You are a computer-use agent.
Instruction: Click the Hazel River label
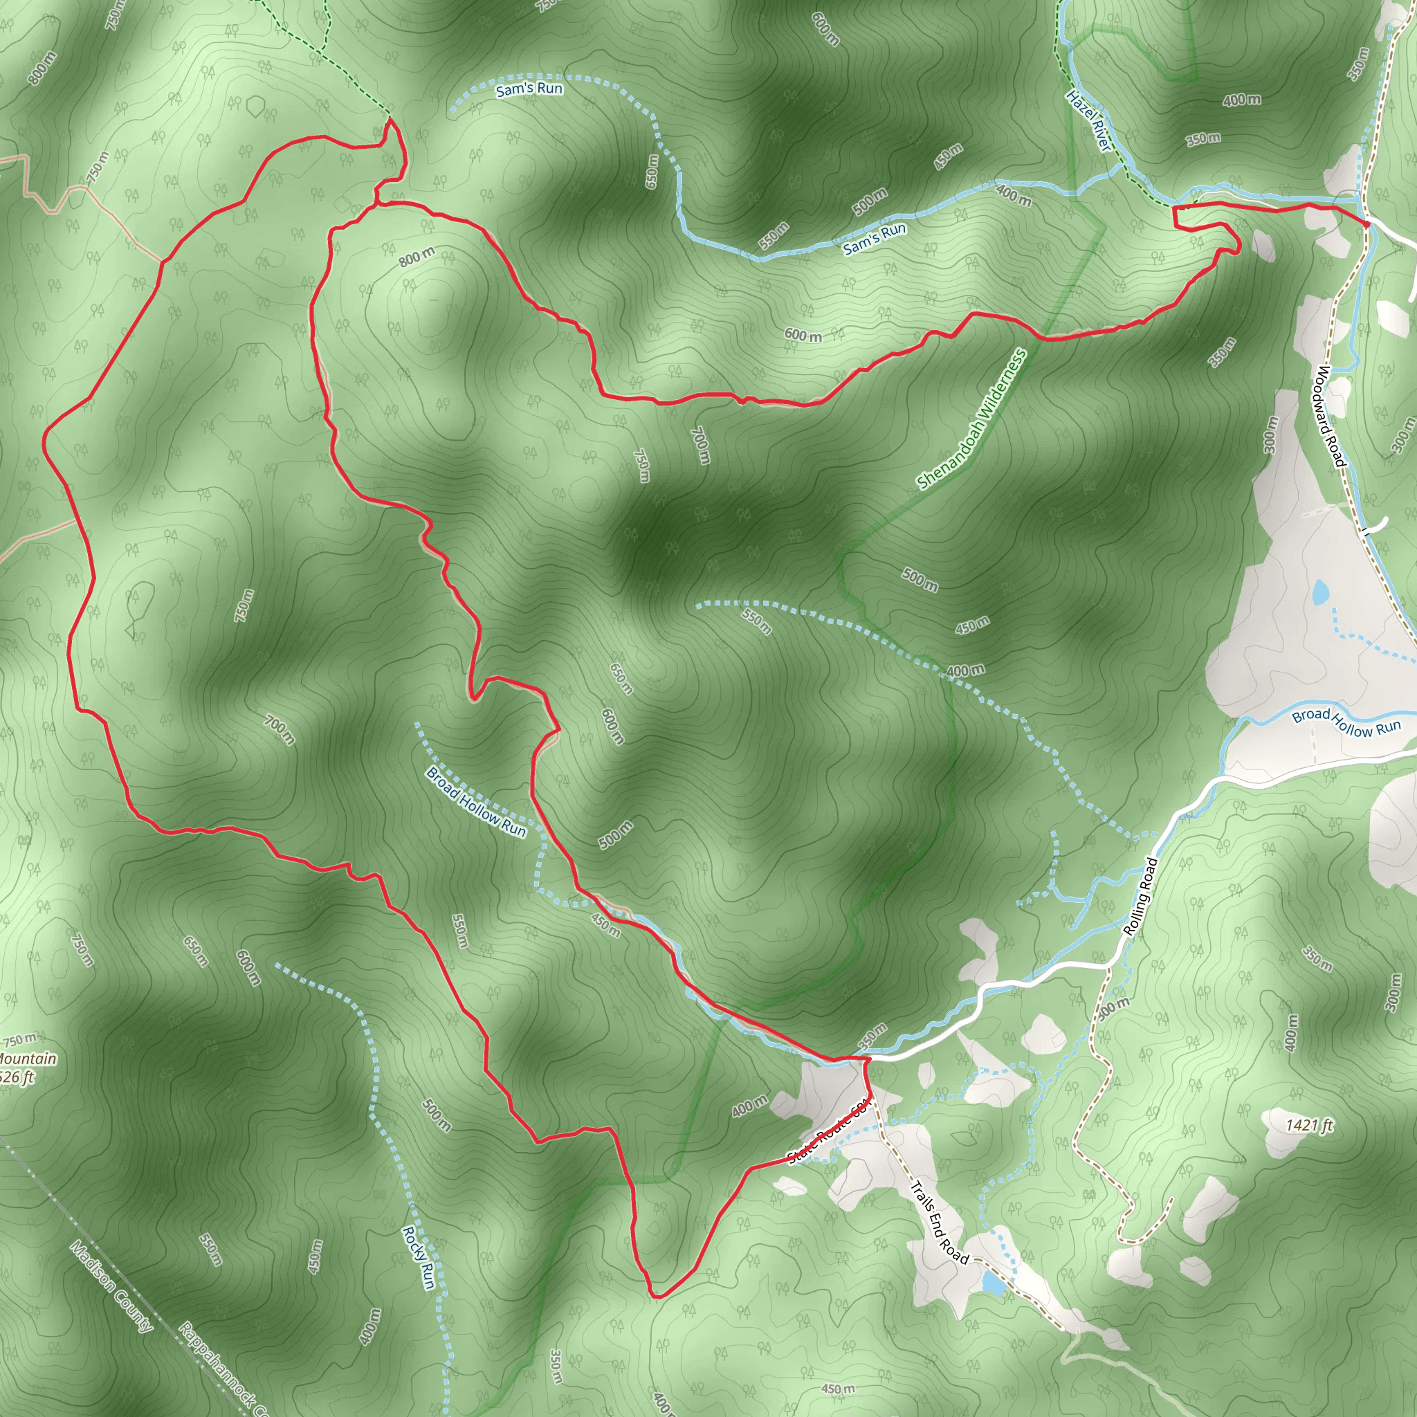(x=1088, y=121)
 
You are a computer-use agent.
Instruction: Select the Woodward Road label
(x=1328, y=416)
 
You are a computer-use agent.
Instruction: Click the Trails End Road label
(x=939, y=1223)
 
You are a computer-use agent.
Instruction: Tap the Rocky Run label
(x=419, y=1257)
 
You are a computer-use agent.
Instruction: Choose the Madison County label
(x=112, y=1286)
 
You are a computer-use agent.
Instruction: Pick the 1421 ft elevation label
(x=1310, y=1124)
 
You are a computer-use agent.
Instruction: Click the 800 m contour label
(x=417, y=257)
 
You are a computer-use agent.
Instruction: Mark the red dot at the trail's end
(x=1367, y=223)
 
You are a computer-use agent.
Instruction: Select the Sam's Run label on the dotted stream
(x=529, y=89)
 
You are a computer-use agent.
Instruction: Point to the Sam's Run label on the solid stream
(x=875, y=239)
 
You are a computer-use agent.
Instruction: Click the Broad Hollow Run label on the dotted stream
(x=476, y=801)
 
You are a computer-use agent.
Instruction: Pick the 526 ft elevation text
(x=17, y=1077)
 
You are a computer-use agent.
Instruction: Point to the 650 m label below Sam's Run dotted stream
(x=651, y=171)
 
